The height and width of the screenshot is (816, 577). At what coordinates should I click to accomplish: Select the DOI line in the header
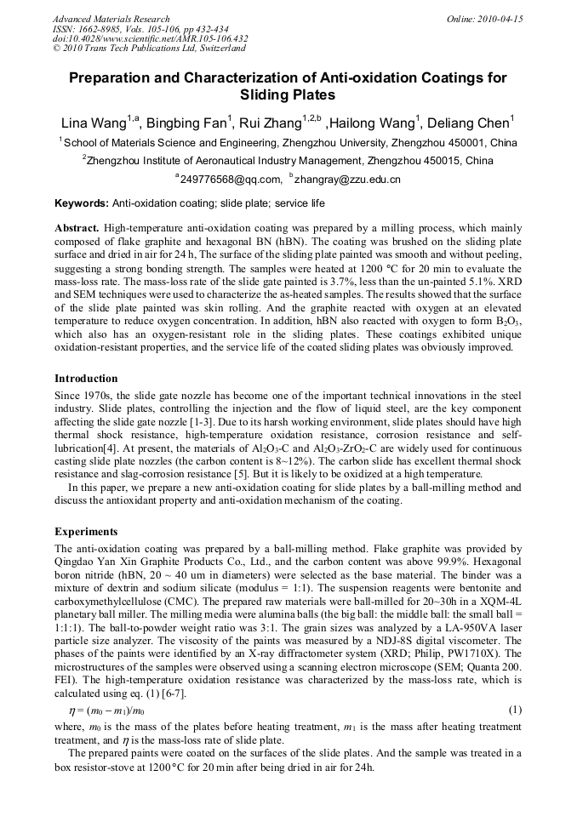coord(150,38)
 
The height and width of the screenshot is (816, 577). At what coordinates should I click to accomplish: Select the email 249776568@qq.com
coord(230,180)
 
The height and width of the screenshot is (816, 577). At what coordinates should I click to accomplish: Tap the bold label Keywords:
coord(82,204)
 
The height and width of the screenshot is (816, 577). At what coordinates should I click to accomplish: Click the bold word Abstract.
coord(77,229)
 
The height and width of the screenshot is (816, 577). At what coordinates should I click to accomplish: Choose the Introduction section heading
coord(86,379)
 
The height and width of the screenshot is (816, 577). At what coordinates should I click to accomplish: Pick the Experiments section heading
coord(86,532)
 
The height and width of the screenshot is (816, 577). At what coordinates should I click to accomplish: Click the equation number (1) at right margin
coord(514,710)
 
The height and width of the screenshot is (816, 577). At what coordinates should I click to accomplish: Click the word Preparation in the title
coord(114,78)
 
